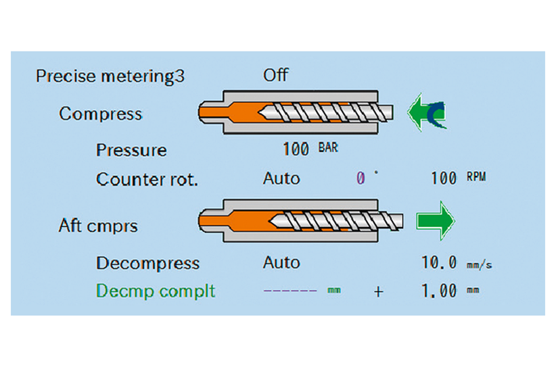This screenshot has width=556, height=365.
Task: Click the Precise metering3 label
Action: (x=110, y=76)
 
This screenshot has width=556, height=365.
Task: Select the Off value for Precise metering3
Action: (x=275, y=74)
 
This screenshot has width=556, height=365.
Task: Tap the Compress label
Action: (x=101, y=114)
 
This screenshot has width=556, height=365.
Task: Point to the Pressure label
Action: (x=131, y=150)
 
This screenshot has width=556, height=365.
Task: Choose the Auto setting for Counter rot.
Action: (x=281, y=179)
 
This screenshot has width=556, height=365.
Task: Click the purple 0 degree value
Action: (x=361, y=179)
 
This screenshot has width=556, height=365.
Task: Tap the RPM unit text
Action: (x=476, y=178)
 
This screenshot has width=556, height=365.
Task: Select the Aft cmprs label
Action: (x=98, y=226)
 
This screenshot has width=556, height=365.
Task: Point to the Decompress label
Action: (x=147, y=263)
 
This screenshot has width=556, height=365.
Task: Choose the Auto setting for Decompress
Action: (x=281, y=262)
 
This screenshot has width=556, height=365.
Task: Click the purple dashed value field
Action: (x=290, y=291)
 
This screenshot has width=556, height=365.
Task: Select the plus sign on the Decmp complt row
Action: (x=378, y=291)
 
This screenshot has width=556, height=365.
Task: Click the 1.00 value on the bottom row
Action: (x=440, y=291)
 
